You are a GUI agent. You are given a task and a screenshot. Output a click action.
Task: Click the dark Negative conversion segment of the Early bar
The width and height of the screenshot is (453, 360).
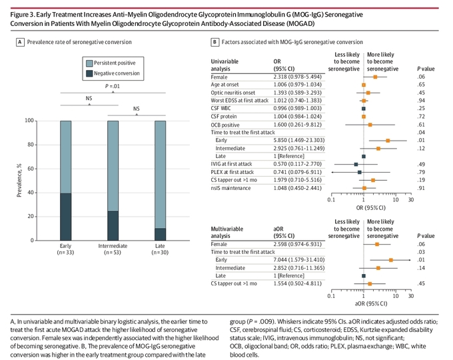point(65,217)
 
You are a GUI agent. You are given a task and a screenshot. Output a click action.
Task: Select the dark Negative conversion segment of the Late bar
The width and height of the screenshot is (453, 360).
point(160,234)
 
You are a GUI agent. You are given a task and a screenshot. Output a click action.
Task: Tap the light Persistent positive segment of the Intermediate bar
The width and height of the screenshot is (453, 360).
point(113,166)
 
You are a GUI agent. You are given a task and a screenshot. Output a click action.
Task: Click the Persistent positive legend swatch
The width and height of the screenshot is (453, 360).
point(89,63)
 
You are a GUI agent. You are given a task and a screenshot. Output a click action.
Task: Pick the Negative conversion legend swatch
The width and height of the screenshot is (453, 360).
point(89,73)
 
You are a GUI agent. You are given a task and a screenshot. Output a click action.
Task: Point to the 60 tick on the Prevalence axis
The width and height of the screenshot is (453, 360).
point(31,169)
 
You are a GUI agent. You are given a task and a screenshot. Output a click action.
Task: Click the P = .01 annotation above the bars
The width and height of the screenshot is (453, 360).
point(113,86)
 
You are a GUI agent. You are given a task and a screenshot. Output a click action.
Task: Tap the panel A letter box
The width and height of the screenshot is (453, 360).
point(20,42)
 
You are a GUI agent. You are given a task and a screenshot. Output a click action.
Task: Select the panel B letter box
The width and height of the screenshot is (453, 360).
point(215,42)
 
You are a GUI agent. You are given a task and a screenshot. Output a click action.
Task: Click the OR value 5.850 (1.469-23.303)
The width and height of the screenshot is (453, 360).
point(299,140)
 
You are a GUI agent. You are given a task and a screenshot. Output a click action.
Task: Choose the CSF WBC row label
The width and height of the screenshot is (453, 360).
point(221,109)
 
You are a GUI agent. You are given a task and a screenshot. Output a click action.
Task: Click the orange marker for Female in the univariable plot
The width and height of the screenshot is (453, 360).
point(375,77)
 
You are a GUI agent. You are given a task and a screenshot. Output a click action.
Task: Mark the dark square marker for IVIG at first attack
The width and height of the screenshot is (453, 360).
point(356,164)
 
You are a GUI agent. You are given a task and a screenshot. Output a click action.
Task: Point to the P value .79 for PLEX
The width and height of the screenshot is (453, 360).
point(421,172)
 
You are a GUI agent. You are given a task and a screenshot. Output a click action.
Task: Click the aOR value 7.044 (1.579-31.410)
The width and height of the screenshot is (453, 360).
point(299,259)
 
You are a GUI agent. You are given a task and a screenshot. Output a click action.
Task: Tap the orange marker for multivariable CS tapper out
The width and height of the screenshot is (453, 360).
point(370,283)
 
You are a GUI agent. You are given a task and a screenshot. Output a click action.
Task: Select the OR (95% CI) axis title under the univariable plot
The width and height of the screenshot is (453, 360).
point(370,207)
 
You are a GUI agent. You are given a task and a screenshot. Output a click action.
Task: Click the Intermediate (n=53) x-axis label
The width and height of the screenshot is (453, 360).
point(113,249)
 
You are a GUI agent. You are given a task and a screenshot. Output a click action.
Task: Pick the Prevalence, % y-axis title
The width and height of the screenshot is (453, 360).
point(19,181)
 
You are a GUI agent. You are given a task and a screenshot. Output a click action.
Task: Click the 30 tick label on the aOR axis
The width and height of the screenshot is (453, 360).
point(411,296)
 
